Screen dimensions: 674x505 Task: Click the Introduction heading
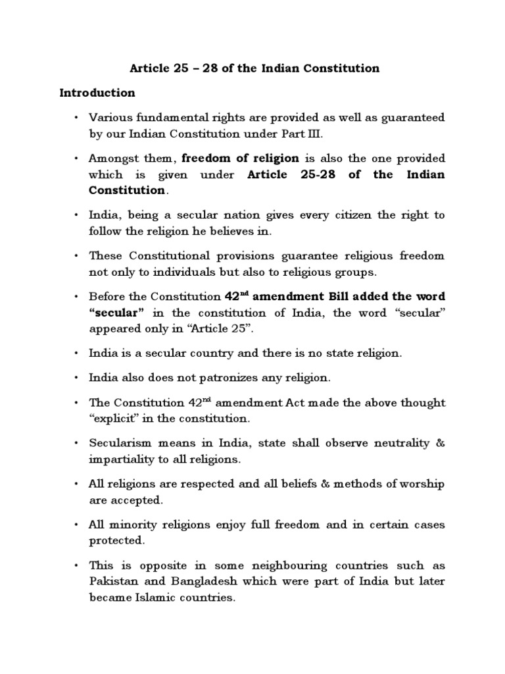[x=97, y=92]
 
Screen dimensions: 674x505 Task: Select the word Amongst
[x=112, y=158]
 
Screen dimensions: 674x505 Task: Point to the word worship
[x=423, y=484]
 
